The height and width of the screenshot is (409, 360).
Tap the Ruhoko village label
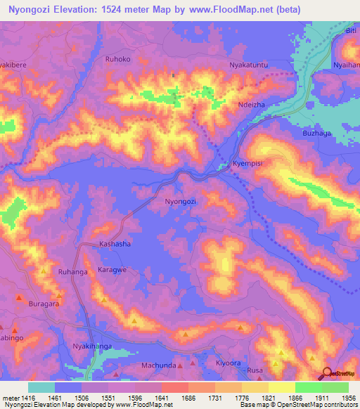click(117, 60)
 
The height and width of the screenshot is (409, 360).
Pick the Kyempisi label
click(247, 164)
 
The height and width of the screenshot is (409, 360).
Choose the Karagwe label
click(112, 269)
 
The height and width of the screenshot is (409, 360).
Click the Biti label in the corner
click(351, 31)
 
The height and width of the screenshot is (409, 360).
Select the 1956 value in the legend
click(347, 397)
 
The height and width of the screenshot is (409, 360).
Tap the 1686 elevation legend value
click(187, 397)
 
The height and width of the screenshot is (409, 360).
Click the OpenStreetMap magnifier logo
click(326, 375)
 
